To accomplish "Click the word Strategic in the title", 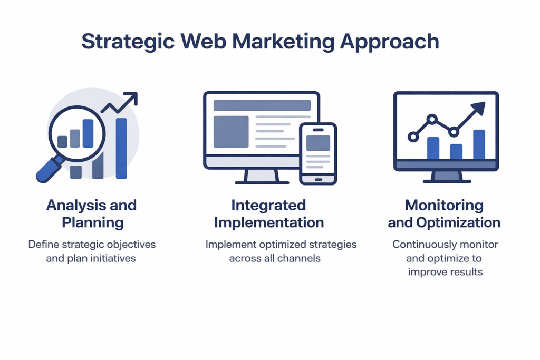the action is (128, 42).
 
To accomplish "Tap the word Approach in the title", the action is (389, 42).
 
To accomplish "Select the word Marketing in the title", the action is (283, 42).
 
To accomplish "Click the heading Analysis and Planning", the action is (92, 213).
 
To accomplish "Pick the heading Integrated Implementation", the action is (269, 213).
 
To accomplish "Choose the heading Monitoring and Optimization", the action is (444, 213).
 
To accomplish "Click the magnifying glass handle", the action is (50, 170).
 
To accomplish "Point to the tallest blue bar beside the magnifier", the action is (121, 148).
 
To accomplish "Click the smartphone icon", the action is (318, 154).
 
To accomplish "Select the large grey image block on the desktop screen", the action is (231, 132).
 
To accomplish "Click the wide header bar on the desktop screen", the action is (262, 105).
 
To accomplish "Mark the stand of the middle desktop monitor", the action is (262, 176).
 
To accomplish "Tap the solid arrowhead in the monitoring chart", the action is (479, 108).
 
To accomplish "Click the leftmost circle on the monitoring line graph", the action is (413, 137).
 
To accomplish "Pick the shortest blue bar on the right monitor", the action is (456, 151).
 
